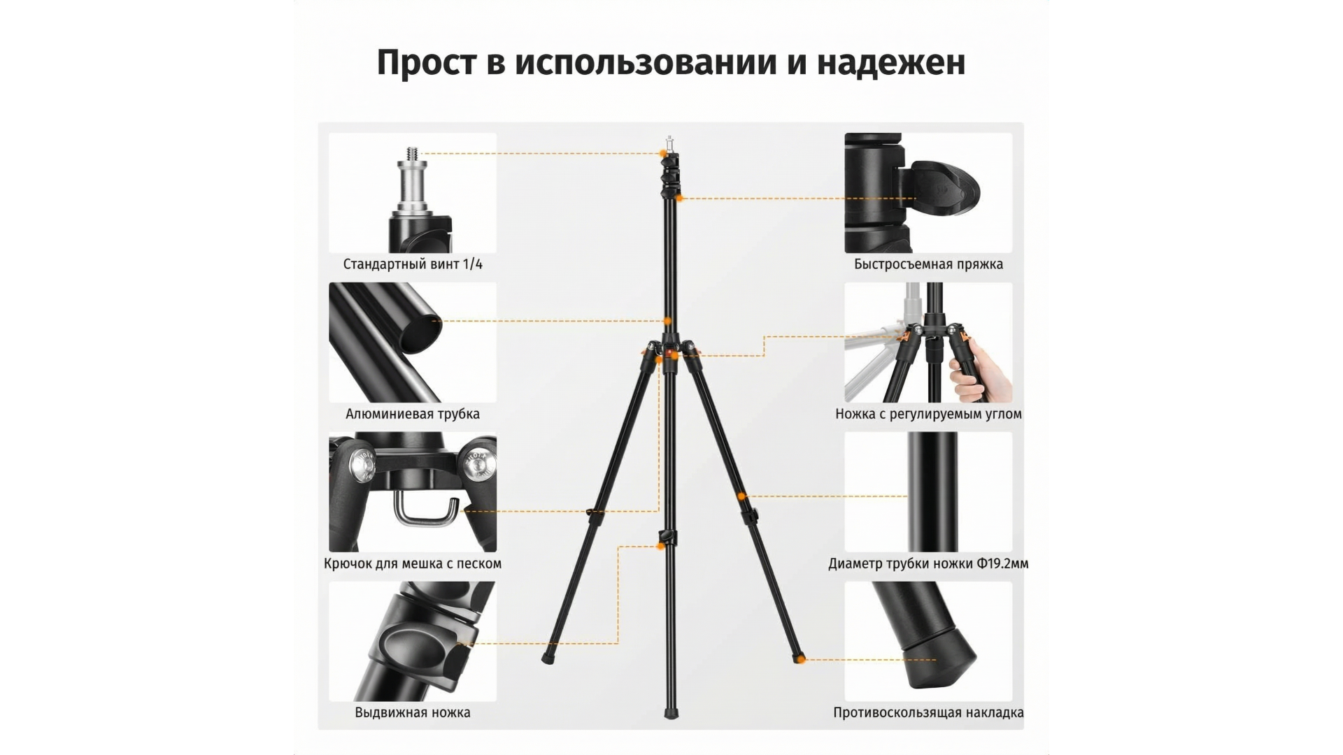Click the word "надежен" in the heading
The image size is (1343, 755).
[x=891, y=63]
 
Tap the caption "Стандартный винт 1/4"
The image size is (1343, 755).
[x=413, y=264]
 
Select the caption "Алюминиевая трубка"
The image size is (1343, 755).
[x=413, y=414]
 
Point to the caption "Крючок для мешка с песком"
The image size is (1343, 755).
[x=413, y=563]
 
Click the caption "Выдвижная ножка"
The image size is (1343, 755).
[x=413, y=713]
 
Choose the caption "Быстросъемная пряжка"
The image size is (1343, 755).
[x=928, y=264]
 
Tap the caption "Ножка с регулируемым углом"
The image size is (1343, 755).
[x=928, y=414]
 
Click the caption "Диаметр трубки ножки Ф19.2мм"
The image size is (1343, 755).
[x=928, y=563]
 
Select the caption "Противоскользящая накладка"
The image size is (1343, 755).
[x=928, y=713]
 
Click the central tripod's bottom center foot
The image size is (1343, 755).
[x=671, y=713]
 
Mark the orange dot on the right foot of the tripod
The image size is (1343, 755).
[x=802, y=659]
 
